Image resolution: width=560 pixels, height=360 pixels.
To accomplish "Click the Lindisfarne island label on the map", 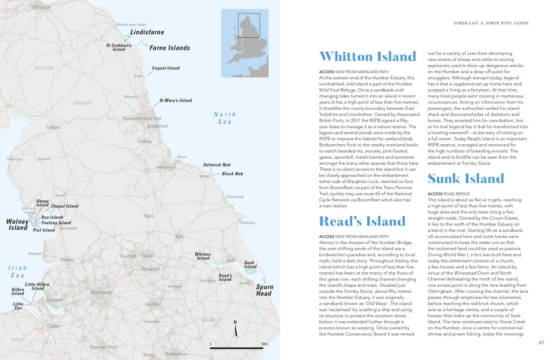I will pos(147,32).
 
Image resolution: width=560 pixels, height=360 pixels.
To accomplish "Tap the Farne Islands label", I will pos(169,48).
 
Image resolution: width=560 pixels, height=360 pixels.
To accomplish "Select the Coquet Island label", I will pos(166,68).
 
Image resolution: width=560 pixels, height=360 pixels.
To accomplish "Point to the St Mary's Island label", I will pos(175,101).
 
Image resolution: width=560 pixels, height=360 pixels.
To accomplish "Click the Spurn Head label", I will pos(264,290).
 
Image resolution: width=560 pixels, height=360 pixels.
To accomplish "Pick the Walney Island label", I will pos(17,224).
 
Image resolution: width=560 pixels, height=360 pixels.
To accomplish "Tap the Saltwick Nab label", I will pos(216,165).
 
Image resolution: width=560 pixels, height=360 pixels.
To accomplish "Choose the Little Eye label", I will pos(18,306).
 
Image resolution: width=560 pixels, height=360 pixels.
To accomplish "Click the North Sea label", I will pos(225,118).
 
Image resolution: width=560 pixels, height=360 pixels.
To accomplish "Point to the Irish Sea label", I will pos(17,271).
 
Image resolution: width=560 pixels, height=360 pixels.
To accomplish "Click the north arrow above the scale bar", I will pos(235,329).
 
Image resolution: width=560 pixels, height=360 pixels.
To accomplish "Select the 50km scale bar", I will pos(236,347).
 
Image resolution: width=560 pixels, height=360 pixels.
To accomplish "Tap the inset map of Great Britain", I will pos(245,43).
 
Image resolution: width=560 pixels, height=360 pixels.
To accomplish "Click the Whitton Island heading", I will pos(368,57).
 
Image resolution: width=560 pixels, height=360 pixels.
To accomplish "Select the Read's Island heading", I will pos(362,221).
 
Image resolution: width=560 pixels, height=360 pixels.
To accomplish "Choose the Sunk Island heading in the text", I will pos(466,178).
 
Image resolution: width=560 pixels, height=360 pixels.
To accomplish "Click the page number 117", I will pos(541,343).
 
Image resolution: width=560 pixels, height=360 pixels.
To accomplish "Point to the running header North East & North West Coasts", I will pos(491,23).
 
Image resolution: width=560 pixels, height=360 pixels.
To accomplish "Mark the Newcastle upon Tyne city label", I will pos(142,118).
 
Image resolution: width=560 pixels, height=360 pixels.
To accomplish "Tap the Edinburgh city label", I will pos(41,8).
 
